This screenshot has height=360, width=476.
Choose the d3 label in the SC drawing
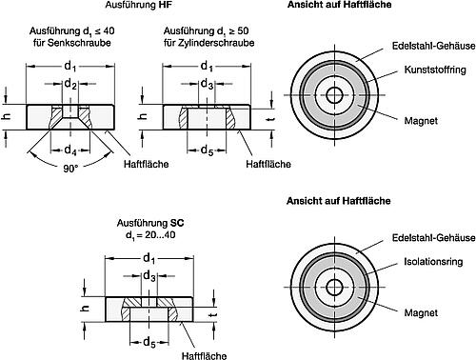(x=149, y=276)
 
